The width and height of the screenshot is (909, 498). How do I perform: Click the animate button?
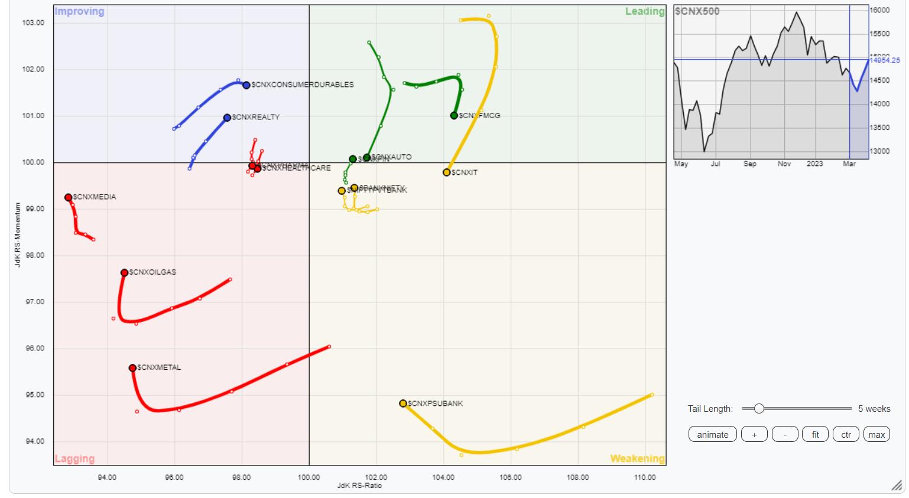pos(712,434)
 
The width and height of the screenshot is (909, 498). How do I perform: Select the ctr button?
pos(846,434)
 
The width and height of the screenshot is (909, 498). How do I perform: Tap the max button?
pos(876,434)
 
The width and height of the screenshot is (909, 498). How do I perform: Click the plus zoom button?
pos(754,434)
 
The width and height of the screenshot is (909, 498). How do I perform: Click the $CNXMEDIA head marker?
pos(69,197)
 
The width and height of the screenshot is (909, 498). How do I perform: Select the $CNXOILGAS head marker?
pos(124,273)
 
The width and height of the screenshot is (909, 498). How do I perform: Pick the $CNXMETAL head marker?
pos(132,368)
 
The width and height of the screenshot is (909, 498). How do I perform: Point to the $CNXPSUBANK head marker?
pos(403,403)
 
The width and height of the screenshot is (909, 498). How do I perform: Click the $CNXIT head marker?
pos(447,172)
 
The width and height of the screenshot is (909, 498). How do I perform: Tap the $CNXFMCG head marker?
pos(454,116)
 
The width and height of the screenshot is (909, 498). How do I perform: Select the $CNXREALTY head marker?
pos(227,118)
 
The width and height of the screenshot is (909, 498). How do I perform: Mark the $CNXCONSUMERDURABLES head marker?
pos(246,85)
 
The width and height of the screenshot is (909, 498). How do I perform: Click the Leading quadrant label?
pos(645,11)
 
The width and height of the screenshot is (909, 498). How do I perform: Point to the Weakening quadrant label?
pos(637,458)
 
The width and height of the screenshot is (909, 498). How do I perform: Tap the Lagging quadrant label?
pos(74,458)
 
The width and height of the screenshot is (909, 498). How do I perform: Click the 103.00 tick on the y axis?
pos(33,23)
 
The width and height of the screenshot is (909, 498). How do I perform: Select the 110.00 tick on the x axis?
pos(645,477)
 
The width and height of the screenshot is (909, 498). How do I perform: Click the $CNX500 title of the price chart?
pos(697,11)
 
